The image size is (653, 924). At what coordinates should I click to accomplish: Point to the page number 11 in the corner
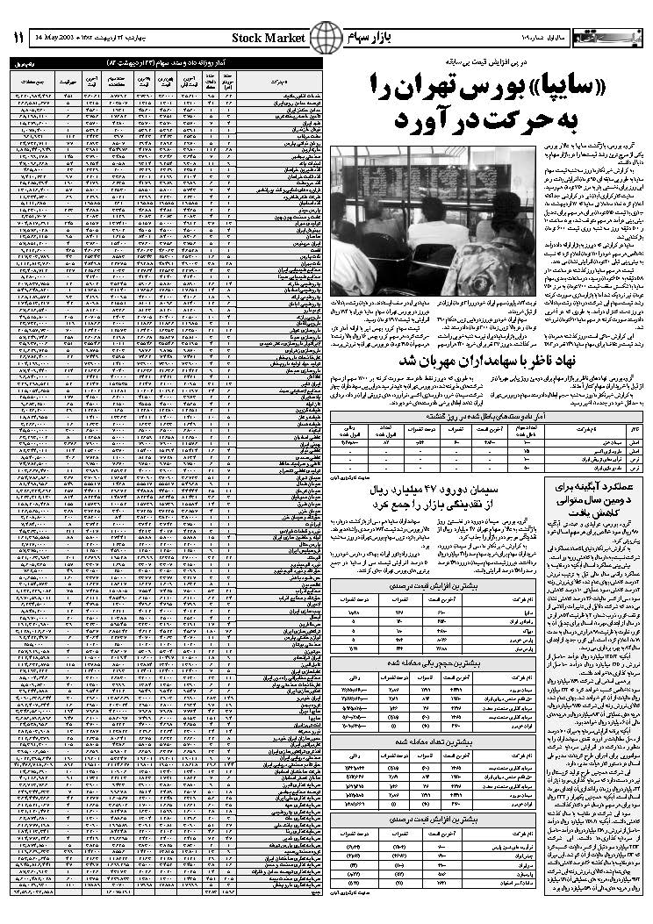(19, 38)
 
